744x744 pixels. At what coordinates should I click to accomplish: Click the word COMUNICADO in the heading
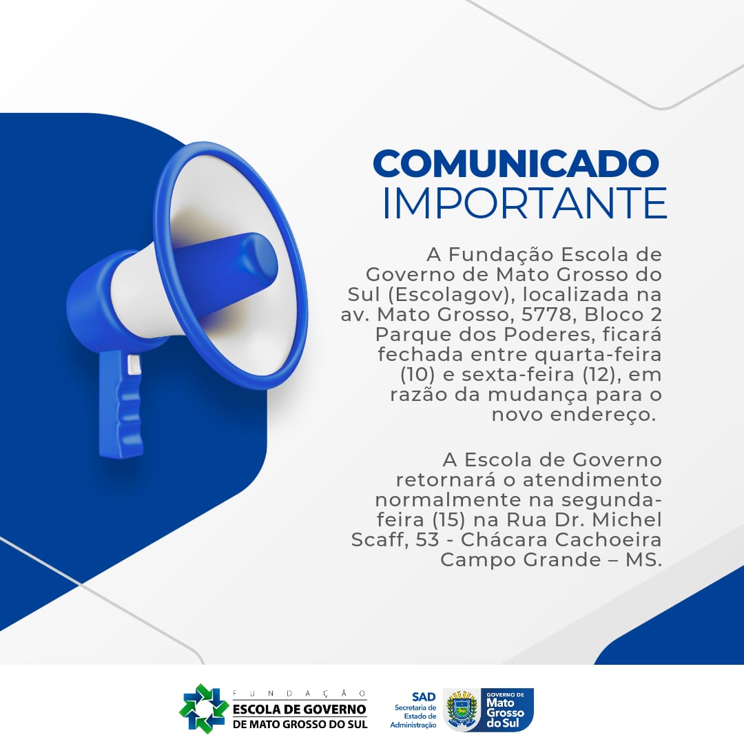coord(516,163)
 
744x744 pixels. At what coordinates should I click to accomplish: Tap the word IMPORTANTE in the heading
coord(525,203)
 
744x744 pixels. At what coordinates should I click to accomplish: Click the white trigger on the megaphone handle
coord(134,365)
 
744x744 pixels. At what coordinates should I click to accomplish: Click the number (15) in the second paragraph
coord(448,520)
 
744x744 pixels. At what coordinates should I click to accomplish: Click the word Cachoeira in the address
coord(608,540)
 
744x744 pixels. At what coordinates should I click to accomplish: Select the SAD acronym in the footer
coord(423,697)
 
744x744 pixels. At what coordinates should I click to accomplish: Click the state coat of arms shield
coord(461,710)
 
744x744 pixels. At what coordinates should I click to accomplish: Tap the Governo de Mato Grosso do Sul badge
coord(506,710)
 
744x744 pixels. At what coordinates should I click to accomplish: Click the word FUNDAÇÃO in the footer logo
coord(300,694)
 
